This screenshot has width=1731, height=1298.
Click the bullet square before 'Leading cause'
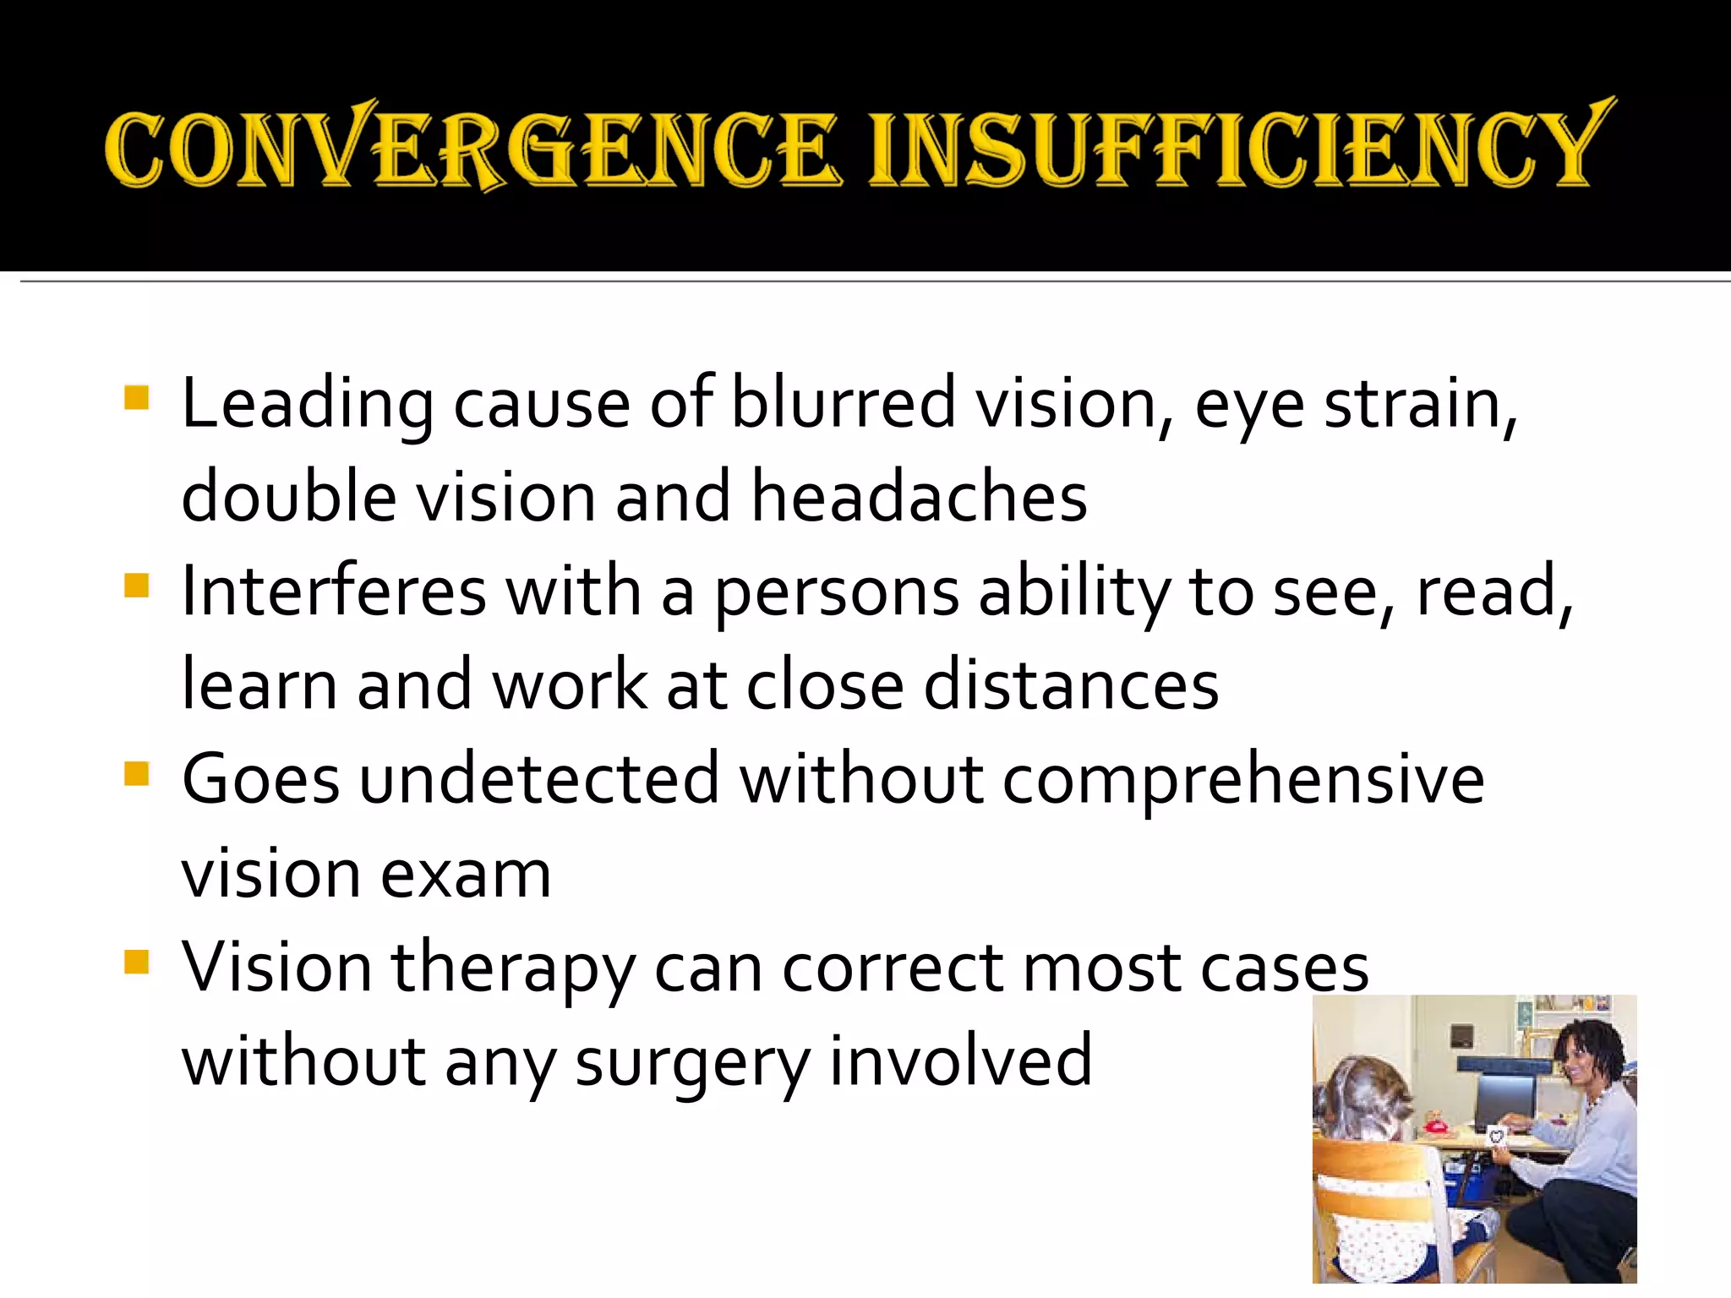pos(136,397)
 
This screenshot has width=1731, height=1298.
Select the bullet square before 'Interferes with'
pos(136,585)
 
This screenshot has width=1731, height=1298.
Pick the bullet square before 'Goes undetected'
pos(136,773)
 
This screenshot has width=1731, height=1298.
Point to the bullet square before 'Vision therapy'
pos(136,962)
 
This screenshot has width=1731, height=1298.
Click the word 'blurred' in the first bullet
pos(843,404)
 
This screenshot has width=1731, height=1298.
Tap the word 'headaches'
pos(919,497)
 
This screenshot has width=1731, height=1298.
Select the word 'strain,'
pos(1421,404)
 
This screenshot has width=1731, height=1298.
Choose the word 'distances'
pos(1071,685)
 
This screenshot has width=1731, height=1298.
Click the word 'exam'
pos(466,874)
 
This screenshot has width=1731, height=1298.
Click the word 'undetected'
pos(539,779)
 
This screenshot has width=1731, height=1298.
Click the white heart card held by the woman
pos(1497,1135)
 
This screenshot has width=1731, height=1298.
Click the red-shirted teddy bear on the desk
pos(1432,1124)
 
